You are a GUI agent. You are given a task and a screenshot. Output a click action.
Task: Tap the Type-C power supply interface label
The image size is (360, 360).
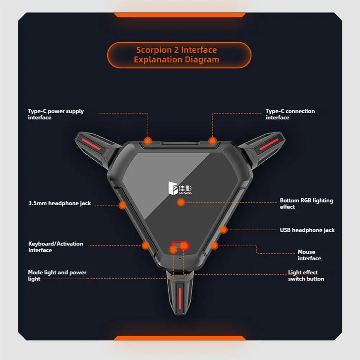pyautogui.click(x=56, y=114)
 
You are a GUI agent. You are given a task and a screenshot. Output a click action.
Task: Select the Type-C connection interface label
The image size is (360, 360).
pyautogui.click(x=290, y=114)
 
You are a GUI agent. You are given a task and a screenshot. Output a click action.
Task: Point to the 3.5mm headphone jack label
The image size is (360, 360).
pyautogui.click(x=59, y=203)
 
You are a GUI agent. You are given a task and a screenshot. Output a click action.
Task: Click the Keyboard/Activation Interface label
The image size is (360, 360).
pyautogui.click(x=56, y=247)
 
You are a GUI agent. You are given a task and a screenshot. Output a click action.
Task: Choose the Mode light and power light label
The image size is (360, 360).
pyautogui.click(x=57, y=275)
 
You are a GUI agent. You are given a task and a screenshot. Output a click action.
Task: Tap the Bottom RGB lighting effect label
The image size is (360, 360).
pyautogui.click(x=306, y=204)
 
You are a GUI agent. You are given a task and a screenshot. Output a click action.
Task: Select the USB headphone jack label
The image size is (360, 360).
pyautogui.click(x=307, y=230)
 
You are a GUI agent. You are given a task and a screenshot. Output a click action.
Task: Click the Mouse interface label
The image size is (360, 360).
pyautogui.click(x=309, y=255)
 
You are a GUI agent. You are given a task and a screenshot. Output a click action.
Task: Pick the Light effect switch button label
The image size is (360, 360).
pyautogui.click(x=306, y=275)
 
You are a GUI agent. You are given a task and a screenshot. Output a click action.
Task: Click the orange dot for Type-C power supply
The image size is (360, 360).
pyautogui.click(x=148, y=141)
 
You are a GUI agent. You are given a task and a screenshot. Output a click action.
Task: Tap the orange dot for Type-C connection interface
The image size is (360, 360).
pyautogui.click(x=213, y=141)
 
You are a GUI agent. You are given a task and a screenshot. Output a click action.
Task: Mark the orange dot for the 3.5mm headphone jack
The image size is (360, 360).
pyautogui.click(x=122, y=205)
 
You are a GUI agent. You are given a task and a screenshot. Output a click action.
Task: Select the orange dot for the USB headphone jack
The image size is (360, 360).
pyautogui.click(x=223, y=229)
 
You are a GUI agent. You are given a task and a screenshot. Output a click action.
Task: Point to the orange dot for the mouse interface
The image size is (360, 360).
pyautogui.click(x=214, y=246)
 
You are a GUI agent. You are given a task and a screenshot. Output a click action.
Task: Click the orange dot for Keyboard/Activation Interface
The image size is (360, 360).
pyautogui.click(x=145, y=246)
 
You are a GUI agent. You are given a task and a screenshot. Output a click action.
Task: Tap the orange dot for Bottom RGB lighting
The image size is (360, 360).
pyautogui.click(x=181, y=202)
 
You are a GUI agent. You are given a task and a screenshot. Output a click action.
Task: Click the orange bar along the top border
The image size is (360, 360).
pyautogui.click(x=179, y=15)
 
